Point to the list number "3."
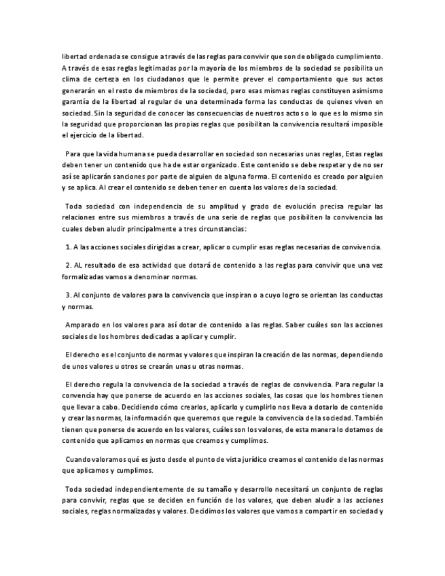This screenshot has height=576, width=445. pyautogui.click(x=69, y=295)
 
